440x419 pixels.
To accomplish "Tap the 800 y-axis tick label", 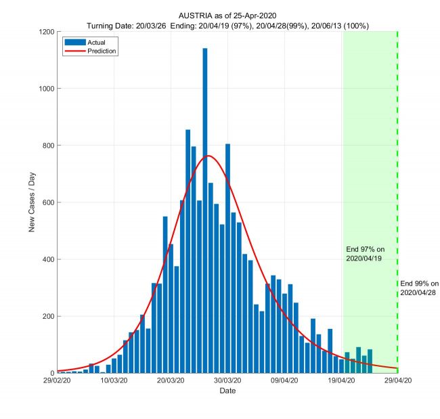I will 48,146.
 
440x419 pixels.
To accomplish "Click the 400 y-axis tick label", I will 48,259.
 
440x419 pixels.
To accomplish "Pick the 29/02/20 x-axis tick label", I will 58,381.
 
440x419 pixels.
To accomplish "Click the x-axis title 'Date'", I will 227,391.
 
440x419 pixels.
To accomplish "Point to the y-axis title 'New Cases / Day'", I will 32,202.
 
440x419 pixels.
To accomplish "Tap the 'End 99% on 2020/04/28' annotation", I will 420,288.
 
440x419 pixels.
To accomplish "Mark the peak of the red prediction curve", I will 208,156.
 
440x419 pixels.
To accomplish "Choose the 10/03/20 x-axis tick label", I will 114,381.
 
